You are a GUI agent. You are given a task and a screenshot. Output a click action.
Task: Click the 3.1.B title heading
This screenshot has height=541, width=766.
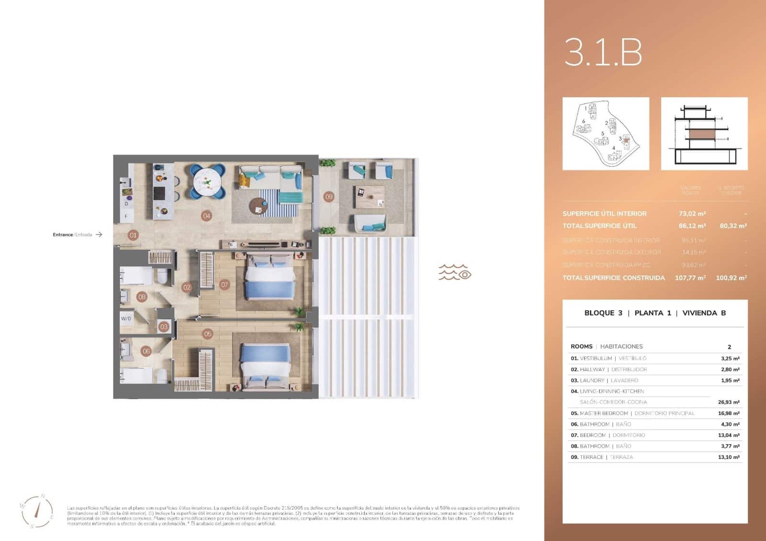[603, 52]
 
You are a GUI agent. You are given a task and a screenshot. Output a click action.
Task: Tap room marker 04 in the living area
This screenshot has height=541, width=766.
[206, 216]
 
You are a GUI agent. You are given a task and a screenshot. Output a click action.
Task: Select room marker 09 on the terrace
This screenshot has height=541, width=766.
[328, 197]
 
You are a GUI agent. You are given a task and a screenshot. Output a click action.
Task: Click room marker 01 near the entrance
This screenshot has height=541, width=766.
[133, 235]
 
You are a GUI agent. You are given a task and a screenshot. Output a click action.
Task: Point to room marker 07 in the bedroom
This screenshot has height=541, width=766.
[225, 285]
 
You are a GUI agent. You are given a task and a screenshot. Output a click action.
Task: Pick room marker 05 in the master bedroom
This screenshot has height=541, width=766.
[207, 334]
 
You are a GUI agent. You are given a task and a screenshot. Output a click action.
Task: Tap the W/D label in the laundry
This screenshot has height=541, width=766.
[126, 318]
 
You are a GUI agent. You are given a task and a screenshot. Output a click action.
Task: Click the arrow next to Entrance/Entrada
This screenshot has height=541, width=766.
[99, 235]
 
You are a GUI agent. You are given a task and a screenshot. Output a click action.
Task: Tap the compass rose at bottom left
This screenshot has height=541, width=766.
[37, 511]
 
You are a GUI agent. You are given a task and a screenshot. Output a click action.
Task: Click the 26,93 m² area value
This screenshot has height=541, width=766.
[728, 402]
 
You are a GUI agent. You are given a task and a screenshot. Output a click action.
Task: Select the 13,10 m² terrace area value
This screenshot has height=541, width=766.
[728, 457]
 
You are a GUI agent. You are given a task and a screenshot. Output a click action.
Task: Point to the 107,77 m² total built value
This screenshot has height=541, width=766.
[690, 278]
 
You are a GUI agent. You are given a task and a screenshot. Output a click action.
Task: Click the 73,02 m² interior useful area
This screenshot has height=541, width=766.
[692, 214]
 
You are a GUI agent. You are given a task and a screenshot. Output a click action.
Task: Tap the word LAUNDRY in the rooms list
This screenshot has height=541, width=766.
[592, 380]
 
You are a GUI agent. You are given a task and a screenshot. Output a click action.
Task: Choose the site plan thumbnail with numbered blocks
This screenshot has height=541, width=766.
[606, 134]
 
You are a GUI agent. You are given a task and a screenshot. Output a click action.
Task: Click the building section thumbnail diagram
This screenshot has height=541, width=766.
[704, 134]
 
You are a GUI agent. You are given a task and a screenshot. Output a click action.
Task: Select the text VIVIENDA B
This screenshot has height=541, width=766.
[704, 313]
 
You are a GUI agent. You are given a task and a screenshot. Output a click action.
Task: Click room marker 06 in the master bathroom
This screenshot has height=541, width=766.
[146, 351]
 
